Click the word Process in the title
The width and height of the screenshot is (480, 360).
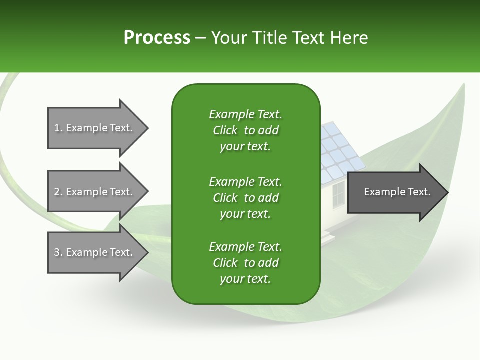[x=157, y=38]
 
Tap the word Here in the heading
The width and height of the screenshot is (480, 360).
[x=349, y=38]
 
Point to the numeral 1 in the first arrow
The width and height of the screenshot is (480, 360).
[x=57, y=128]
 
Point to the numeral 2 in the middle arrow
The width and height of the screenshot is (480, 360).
[x=57, y=192]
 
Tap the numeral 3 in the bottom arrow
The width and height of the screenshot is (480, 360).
[x=57, y=252]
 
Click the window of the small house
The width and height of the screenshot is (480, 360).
[x=338, y=194]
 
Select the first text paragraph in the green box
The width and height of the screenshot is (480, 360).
[x=245, y=130]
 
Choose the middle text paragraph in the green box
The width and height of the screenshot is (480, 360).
[x=245, y=198]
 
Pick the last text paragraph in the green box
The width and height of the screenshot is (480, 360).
[x=245, y=263]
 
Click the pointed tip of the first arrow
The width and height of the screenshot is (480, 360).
[x=147, y=128]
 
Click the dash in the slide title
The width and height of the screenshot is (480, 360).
[x=200, y=38]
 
